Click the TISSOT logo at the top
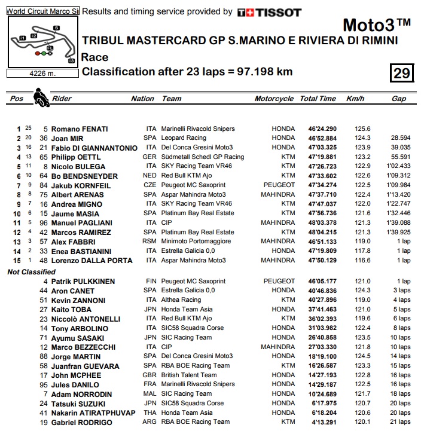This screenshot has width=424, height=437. (x=269, y=12)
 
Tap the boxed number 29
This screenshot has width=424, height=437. (x=401, y=73)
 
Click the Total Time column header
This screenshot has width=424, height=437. (x=318, y=99)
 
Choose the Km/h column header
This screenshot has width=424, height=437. (x=355, y=99)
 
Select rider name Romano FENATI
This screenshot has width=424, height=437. (x=79, y=129)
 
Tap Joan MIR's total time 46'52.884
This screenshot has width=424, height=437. (x=322, y=138)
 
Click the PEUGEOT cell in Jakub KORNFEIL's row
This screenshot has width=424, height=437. (x=279, y=185)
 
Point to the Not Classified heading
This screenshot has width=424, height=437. (x=32, y=271)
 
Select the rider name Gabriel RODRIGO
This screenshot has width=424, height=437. (x=83, y=422)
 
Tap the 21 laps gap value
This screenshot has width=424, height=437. (x=399, y=422)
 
